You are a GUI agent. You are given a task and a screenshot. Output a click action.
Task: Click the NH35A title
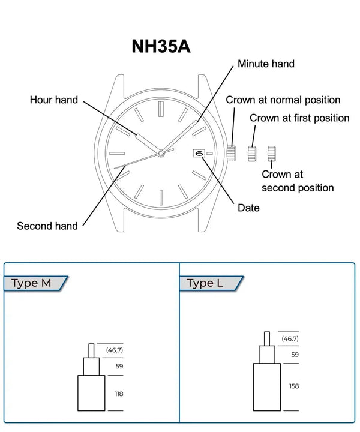coord(161,47)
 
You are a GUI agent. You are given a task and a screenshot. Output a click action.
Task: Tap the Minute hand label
coord(266,64)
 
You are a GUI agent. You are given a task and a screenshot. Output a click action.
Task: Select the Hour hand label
coord(54,100)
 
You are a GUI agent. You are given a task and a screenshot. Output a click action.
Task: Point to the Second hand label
coord(47,226)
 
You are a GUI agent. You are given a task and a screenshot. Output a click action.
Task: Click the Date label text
coord(248,208)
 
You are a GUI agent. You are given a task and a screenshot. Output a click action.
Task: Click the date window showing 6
coord(200,153)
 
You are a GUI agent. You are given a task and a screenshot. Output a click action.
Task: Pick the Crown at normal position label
coord(283,100)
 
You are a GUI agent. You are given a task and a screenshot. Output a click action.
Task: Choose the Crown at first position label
coord(299,118)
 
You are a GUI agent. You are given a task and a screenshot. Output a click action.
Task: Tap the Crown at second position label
coord(298,181)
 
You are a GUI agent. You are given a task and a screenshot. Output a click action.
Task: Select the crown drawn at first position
coord(252,153)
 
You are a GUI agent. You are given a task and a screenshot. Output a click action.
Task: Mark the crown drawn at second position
coord(272,153)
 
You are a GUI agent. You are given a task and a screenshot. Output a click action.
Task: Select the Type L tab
coord(205,283)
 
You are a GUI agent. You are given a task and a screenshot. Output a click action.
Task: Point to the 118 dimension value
coord(119,394)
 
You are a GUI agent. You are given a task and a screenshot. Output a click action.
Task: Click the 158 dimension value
coord(295,386)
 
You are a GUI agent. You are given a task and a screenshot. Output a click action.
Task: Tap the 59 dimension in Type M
coord(119,366)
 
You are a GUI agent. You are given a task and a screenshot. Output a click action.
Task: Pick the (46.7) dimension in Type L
coord(290,338)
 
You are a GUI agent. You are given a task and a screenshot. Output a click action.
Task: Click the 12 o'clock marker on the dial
coord(161,109)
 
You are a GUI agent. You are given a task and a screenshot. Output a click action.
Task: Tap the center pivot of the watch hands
coord(161,154)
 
